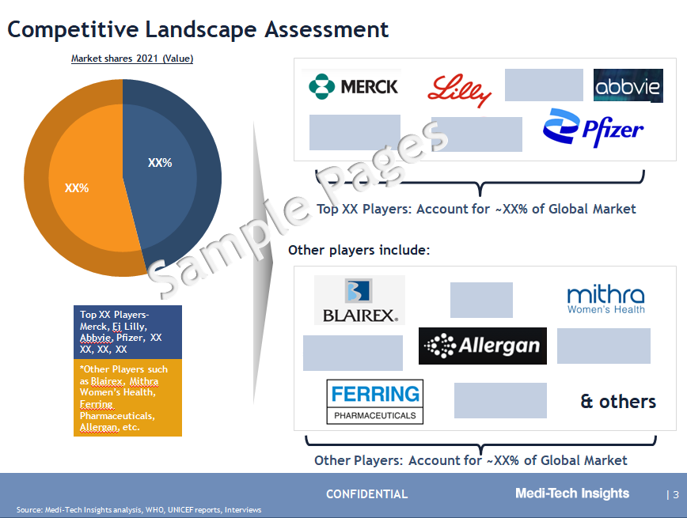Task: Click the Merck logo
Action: click(353, 86)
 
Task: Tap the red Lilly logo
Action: click(459, 90)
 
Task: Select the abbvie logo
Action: click(628, 86)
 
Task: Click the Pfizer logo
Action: click(593, 127)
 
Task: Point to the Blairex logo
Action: click(359, 300)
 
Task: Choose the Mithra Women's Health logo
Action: click(606, 300)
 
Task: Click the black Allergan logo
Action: click(482, 346)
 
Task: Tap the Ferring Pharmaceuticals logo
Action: click(375, 402)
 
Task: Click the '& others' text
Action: click(618, 402)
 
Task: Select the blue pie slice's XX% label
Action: click(160, 163)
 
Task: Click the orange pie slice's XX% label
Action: click(77, 188)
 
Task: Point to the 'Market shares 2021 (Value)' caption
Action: click(132, 59)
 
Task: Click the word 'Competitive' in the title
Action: click(73, 30)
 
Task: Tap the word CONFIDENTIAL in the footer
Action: click(366, 494)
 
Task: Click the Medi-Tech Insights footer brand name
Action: click(572, 493)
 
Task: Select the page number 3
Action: click(676, 495)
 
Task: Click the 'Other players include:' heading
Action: click(359, 250)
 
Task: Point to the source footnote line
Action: click(139, 509)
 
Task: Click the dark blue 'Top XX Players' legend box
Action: click(127, 332)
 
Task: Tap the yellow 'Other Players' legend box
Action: click(127, 398)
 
